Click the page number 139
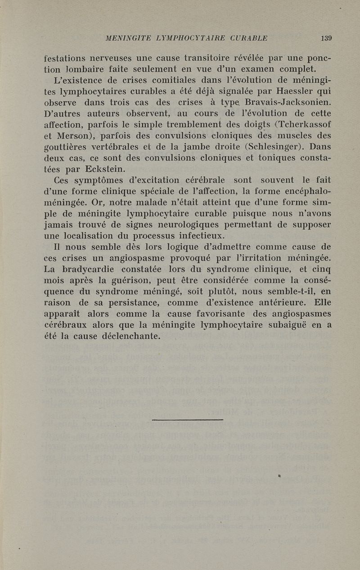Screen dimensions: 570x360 click(326, 38)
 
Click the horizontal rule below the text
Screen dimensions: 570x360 click(188, 420)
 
